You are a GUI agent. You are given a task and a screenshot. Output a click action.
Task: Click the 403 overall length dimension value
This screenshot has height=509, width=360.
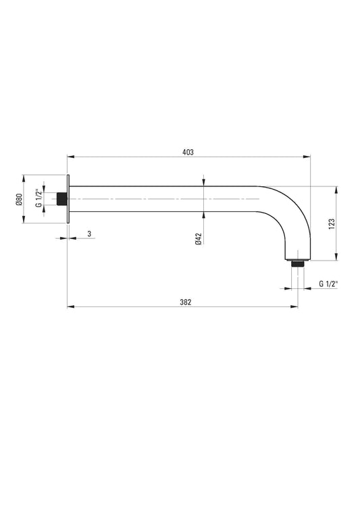(x=188, y=153)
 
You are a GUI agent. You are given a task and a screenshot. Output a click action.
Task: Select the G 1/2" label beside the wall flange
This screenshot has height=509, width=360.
(x=38, y=200)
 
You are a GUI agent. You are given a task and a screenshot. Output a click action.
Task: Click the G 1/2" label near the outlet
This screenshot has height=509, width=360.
(x=328, y=284)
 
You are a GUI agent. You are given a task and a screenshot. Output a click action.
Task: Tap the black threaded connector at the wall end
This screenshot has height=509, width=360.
(x=63, y=200)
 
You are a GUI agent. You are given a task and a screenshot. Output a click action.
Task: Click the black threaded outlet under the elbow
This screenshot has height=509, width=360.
(x=296, y=263)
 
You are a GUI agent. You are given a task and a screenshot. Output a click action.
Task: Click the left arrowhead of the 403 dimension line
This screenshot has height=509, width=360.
(x=70, y=157)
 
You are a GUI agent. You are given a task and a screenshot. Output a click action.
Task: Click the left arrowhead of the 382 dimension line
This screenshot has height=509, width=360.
(x=70, y=308)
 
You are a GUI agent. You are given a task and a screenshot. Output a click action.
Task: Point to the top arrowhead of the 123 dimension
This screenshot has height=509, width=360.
(x=335, y=189)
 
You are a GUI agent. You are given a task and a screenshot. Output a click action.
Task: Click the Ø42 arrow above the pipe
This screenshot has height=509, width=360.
(x=204, y=182)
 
